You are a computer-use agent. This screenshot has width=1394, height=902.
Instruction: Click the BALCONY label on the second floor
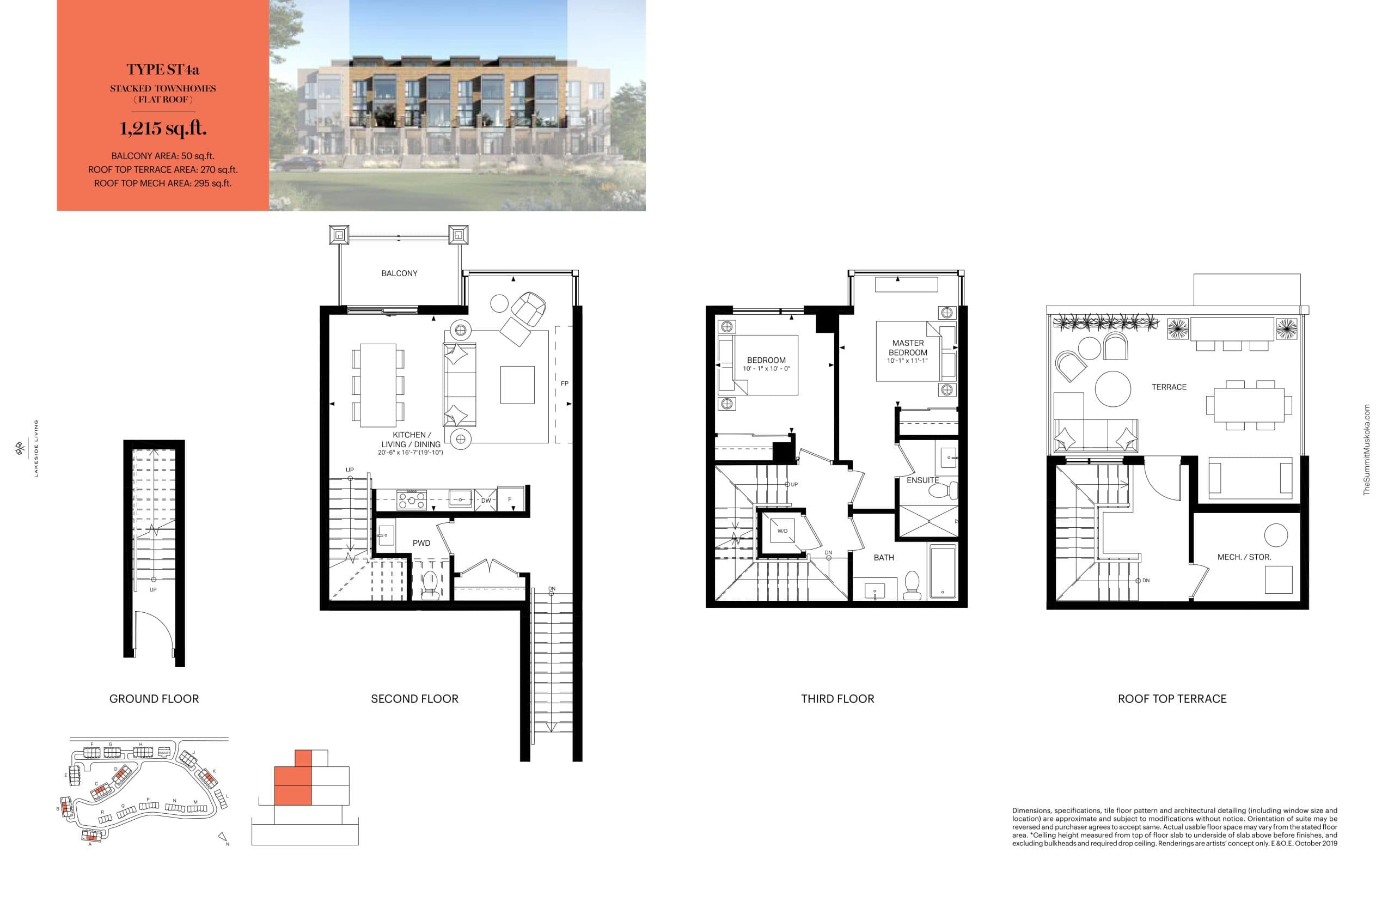point(399,273)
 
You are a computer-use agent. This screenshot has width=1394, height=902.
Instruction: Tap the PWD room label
point(421,543)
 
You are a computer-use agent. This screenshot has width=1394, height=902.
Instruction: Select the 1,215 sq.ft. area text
point(163,128)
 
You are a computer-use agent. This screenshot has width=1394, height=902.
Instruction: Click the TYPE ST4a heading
point(163,69)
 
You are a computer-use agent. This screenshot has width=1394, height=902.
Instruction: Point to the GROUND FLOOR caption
point(154,699)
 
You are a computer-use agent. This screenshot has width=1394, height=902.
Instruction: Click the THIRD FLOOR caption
point(837,699)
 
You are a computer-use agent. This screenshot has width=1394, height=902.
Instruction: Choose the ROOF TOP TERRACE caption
point(1171,699)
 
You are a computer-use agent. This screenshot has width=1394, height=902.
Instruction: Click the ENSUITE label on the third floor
point(922,480)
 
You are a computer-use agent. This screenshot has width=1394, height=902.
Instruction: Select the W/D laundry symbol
point(782,531)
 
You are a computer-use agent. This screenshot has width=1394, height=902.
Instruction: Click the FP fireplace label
point(564,383)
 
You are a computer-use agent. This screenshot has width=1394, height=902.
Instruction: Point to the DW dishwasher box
point(485,500)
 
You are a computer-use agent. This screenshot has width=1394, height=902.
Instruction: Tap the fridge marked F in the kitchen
point(510,499)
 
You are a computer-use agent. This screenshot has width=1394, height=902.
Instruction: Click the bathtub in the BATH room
point(942,571)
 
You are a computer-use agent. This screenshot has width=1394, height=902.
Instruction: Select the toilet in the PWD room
point(431,584)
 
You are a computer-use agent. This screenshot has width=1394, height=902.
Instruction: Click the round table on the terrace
point(1112,388)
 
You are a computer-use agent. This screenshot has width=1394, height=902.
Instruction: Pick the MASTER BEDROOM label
point(908,348)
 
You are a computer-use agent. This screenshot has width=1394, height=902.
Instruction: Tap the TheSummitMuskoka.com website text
point(1366,450)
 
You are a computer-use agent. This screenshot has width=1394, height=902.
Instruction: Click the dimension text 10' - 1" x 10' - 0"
point(766,369)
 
